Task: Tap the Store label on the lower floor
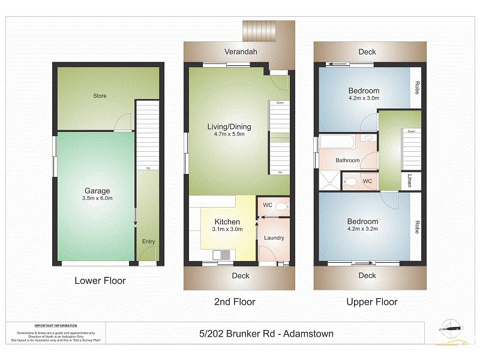(x=100, y=96)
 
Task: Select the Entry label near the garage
(x=148, y=242)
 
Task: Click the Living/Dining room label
(x=229, y=127)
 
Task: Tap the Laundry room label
(x=274, y=238)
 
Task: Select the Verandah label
(x=241, y=52)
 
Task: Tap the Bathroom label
(x=347, y=161)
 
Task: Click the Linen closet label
(x=410, y=181)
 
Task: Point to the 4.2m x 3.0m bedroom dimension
(x=364, y=100)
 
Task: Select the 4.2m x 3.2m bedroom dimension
(x=363, y=229)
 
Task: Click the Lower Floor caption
(x=100, y=280)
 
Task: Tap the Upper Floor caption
(x=372, y=302)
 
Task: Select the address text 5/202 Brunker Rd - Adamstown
(x=266, y=334)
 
